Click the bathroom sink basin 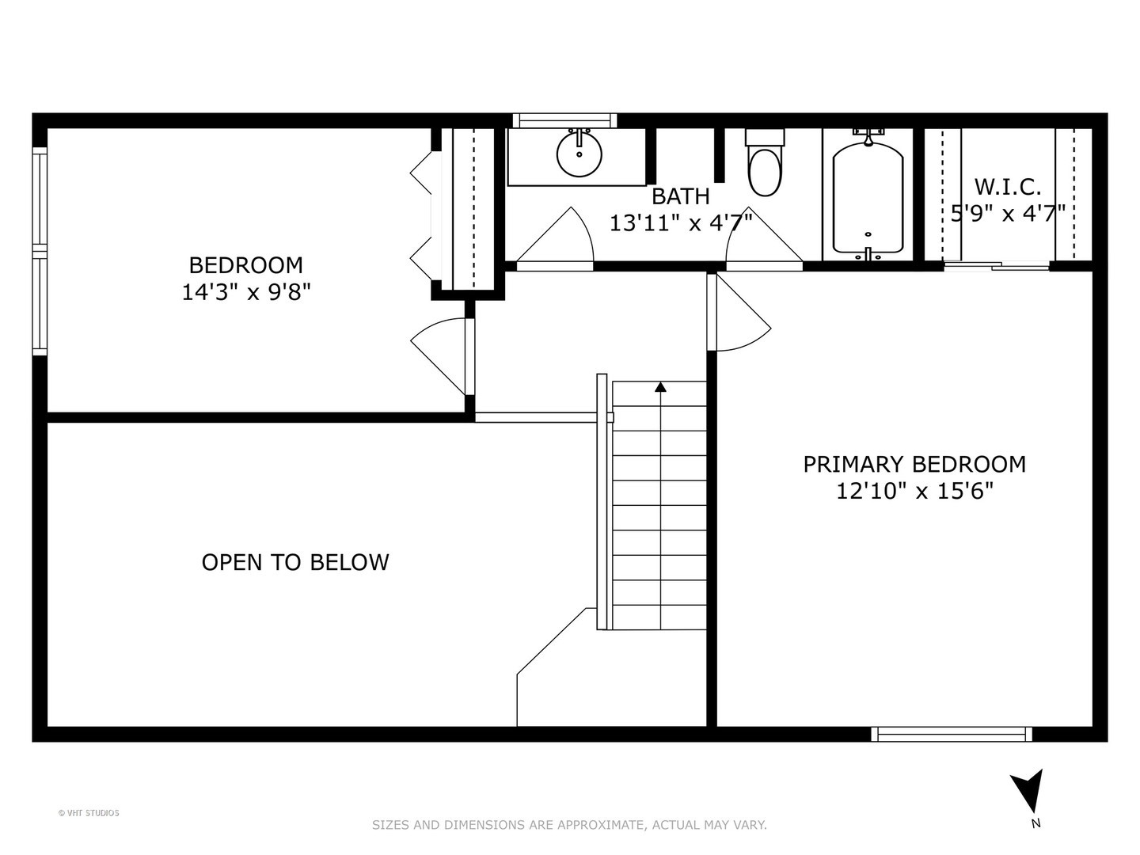[579, 154]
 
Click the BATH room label [680, 196]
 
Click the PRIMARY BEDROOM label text [914, 464]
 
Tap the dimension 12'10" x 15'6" [914, 491]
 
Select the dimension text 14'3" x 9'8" [245, 292]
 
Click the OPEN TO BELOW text [295, 563]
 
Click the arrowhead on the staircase [660, 387]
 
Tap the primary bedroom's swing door [739, 313]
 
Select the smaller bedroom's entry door [443, 356]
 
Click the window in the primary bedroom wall [952, 734]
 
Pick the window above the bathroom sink [564, 120]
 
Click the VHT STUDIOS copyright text [89, 813]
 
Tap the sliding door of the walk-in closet [996, 266]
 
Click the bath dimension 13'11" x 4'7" [680, 223]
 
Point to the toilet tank [765, 136]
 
